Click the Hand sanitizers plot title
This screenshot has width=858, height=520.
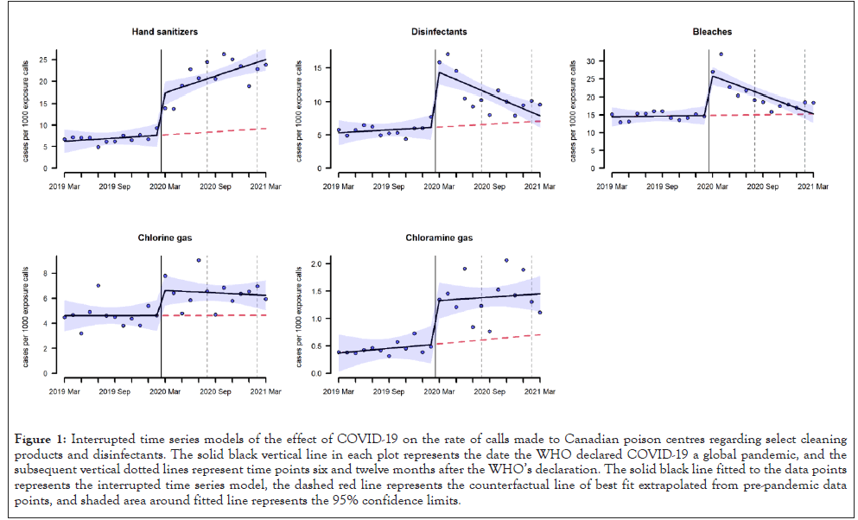(164, 32)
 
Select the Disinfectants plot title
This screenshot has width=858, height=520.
(439, 32)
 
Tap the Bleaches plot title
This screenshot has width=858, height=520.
(712, 32)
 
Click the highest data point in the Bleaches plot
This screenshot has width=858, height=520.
(721, 54)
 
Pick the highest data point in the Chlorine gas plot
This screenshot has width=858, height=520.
(199, 260)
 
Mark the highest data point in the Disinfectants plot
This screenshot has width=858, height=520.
(448, 54)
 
